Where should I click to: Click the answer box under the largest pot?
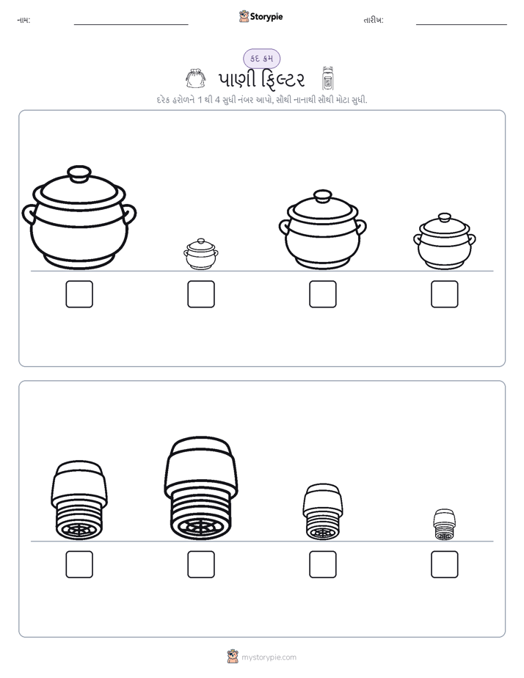79,294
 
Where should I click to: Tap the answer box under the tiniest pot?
201,294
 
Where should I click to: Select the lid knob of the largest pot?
79,174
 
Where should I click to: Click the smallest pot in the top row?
201,254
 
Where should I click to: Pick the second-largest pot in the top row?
322,229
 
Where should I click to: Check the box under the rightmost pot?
445,294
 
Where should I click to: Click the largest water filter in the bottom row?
201,488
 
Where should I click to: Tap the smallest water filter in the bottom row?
445,525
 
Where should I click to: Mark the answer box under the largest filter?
201,564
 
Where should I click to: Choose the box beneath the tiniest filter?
445,564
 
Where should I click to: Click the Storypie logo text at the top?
266,17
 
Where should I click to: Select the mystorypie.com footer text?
269,657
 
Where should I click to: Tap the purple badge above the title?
261,59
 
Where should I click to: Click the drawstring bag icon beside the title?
195,79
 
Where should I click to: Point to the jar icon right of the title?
328,79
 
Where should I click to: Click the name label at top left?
23,21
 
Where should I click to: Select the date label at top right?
374,21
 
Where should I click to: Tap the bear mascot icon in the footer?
233,657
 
